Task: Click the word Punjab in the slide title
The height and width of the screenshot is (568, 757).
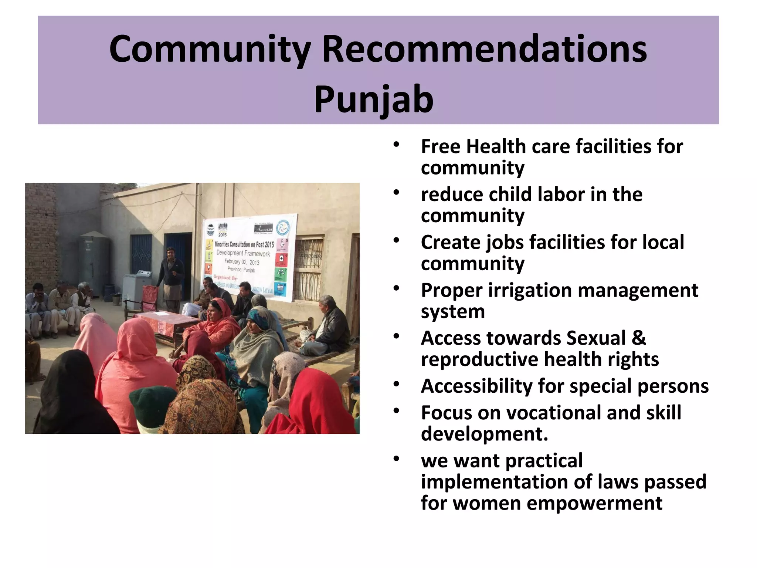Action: [x=373, y=99]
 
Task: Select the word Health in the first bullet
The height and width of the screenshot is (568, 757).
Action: [x=495, y=146]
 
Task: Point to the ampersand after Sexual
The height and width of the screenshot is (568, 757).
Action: [x=639, y=338]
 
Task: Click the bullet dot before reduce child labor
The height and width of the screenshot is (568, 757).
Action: [x=397, y=192]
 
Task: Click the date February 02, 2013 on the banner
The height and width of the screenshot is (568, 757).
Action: [x=242, y=262]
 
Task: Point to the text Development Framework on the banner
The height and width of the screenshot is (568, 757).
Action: [x=243, y=253]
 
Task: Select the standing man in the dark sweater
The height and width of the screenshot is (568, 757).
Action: [x=171, y=275]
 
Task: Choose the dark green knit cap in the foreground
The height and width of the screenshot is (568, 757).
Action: [x=149, y=403]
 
